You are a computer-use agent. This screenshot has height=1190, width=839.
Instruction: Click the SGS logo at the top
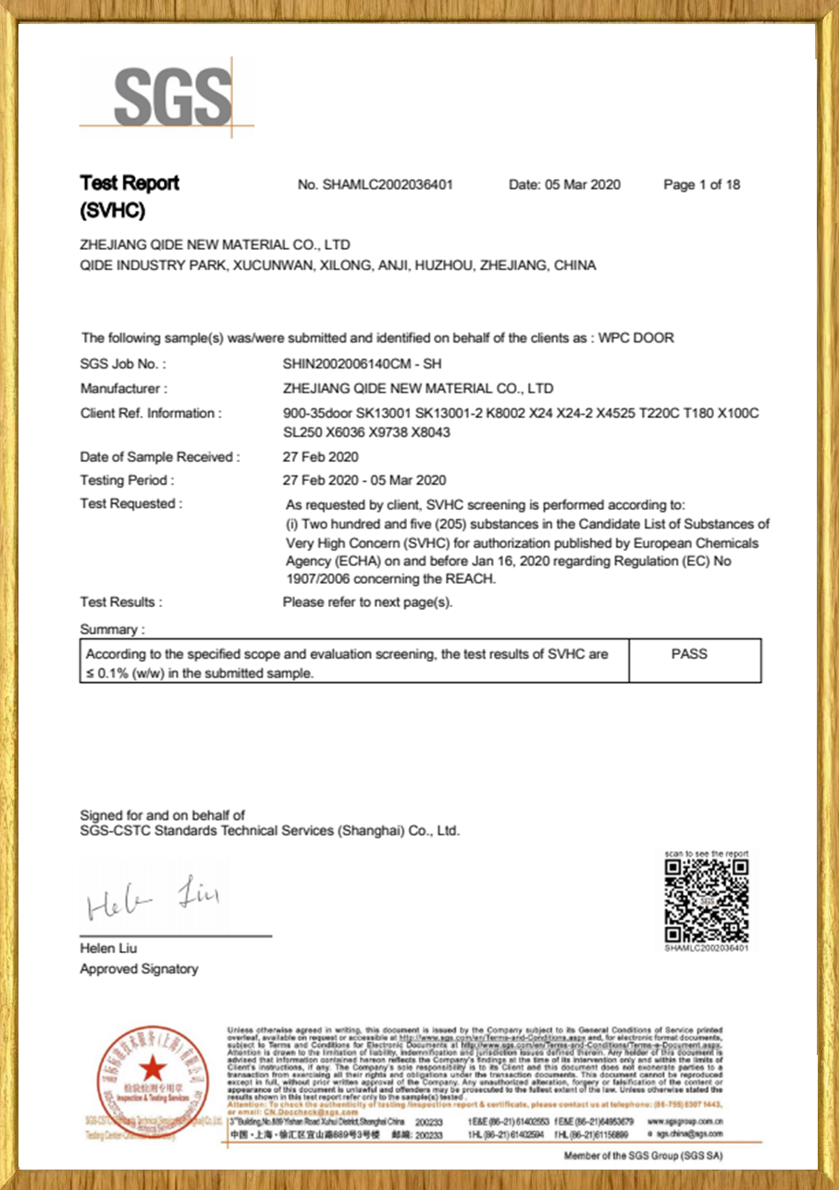tap(172, 97)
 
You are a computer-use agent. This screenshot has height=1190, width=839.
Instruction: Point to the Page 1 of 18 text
tap(702, 185)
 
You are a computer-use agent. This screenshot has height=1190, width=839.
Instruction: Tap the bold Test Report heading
tap(130, 183)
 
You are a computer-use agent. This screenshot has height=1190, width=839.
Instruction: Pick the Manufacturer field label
tap(124, 389)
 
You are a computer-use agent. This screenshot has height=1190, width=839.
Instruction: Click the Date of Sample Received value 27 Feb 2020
tap(320, 457)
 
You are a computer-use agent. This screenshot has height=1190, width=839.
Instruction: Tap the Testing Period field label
tap(127, 480)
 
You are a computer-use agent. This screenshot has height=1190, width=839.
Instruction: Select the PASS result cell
tap(690, 653)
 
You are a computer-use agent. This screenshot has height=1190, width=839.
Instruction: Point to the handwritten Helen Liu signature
tap(153, 899)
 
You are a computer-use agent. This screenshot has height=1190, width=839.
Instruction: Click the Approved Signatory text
tap(139, 969)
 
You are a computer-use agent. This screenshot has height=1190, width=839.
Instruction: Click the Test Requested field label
tap(131, 504)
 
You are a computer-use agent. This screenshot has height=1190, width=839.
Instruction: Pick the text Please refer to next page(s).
tap(367, 602)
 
